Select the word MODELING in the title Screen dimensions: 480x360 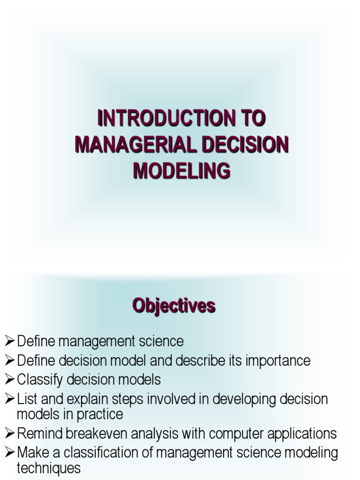click(181, 171)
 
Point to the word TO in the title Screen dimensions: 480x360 click(252, 119)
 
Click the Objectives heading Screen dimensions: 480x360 click(174, 306)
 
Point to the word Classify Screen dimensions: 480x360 click(41, 379)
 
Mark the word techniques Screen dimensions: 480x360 click(49, 468)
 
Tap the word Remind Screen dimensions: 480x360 click(37, 434)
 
